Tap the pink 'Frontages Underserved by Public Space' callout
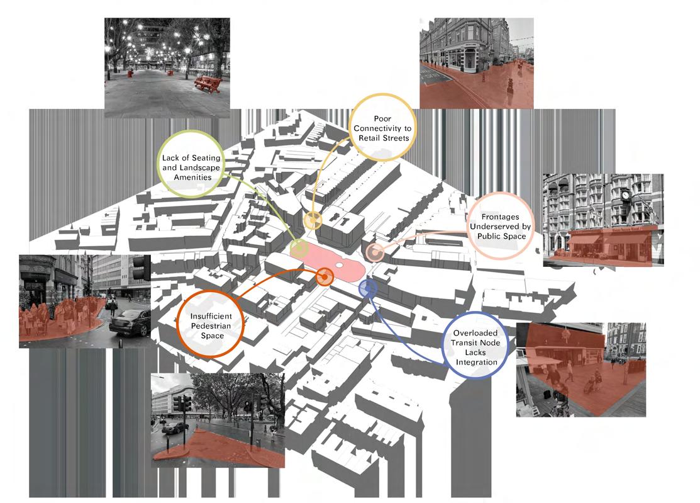tap(502, 226)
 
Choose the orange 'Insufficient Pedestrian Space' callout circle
tap(209, 326)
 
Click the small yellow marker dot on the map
tap(313, 220)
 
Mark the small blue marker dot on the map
tap(368, 288)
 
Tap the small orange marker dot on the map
tap(325, 276)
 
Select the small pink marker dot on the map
tap(375, 252)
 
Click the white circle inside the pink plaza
tap(339, 266)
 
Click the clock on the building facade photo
tap(626, 196)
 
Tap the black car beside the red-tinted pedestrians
tap(130, 322)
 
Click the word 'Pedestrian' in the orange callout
tap(209, 325)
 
